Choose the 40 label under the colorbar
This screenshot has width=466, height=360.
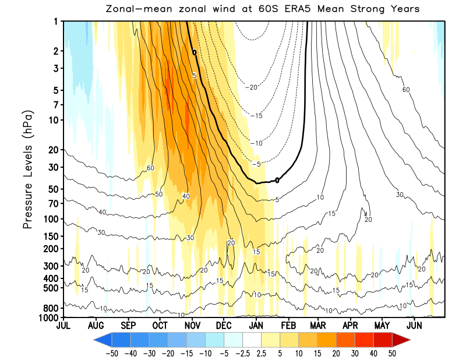375,353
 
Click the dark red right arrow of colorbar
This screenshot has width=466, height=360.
402,338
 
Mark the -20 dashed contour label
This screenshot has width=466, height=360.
252,87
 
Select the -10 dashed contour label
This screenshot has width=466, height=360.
256,143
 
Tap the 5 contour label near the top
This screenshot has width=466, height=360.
195,76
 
